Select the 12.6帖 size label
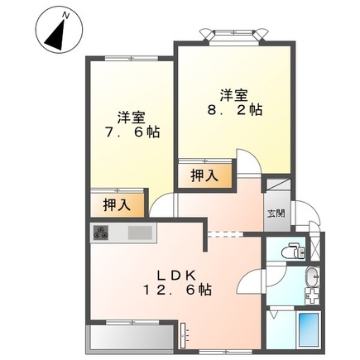coord(176,290)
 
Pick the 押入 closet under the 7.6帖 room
coord(116,204)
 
